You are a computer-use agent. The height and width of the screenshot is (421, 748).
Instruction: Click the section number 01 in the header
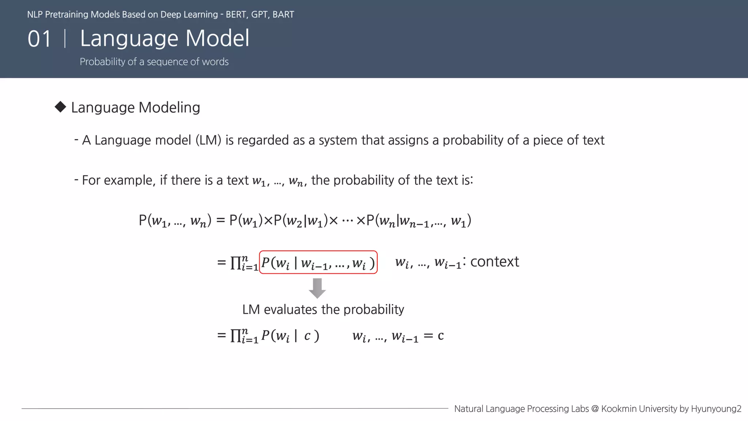[39, 39]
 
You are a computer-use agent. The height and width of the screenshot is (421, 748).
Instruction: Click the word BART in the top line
[283, 15]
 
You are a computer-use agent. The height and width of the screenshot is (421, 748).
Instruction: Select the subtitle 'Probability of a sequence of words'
[154, 62]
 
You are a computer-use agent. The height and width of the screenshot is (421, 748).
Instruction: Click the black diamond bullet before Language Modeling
[60, 107]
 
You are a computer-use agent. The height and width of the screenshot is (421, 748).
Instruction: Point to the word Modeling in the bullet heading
[169, 108]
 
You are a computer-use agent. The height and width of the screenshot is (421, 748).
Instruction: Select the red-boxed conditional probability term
[318, 262]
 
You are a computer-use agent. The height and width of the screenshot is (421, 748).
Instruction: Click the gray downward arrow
[317, 288]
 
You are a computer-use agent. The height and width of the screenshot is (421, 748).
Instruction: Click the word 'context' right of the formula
[495, 262]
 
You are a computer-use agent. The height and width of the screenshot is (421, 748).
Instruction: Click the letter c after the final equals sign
[441, 335]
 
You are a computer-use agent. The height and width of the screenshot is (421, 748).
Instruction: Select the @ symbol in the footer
[595, 409]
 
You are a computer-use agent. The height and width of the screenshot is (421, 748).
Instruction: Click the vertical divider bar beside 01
[65, 39]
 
